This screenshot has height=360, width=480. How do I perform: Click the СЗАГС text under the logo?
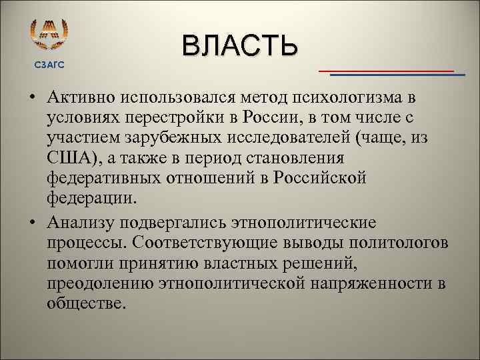(49, 63)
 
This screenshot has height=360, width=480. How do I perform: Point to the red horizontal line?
(386, 70)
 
